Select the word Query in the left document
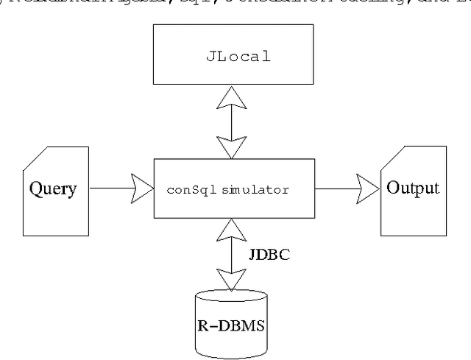point(52,188)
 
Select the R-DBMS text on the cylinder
point(229,321)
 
